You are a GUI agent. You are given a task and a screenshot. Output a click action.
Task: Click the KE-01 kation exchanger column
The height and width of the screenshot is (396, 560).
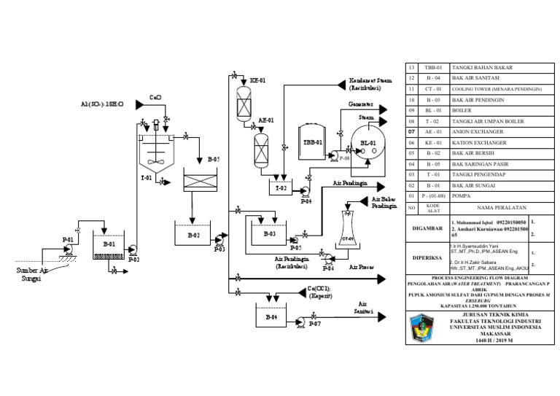click(x=242, y=102)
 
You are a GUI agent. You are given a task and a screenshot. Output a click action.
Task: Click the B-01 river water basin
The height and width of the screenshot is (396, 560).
click(x=108, y=248)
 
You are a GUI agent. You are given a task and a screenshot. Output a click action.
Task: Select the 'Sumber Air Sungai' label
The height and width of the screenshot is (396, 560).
click(x=34, y=273)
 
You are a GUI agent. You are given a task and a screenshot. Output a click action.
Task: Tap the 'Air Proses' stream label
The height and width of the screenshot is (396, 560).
click(x=362, y=267)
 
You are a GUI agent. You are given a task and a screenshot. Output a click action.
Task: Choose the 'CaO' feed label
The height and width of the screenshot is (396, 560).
click(x=155, y=96)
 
